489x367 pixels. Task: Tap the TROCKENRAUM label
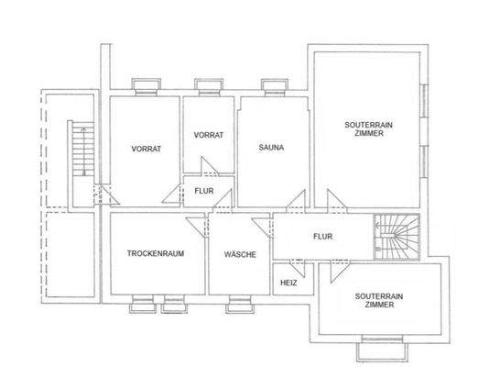point(151,254)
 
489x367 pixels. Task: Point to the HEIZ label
point(288,284)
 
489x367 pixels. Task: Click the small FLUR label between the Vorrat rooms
point(204,193)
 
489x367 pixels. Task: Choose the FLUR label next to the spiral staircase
point(321,236)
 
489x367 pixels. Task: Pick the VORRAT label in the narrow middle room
point(209,135)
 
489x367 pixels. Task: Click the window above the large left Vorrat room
point(146,88)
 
